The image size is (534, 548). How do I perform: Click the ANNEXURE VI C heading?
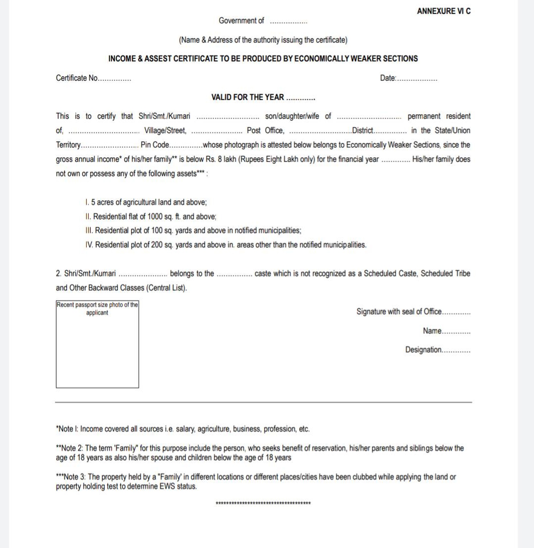click(x=443, y=11)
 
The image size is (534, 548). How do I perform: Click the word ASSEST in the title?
click(x=158, y=59)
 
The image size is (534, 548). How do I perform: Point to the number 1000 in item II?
click(x=155, y=216)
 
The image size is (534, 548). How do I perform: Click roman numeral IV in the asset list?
click(x=89, y=245)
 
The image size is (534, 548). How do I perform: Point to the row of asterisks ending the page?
click(x=263, y=503)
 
